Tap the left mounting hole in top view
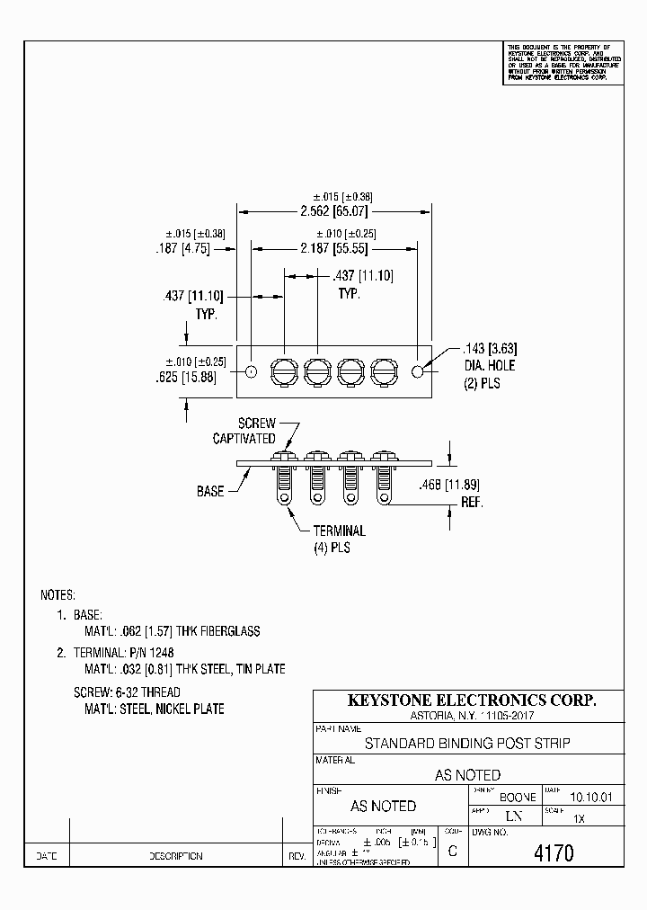(252, 371)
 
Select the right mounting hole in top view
(418, 371)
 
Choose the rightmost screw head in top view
(384, 370)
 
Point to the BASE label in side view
(210, 492)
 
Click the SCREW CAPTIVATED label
(244, 431)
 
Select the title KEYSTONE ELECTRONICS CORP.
(472, 700)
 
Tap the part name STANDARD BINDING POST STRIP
(466, 744)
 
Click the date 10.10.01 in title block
(590, 797)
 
